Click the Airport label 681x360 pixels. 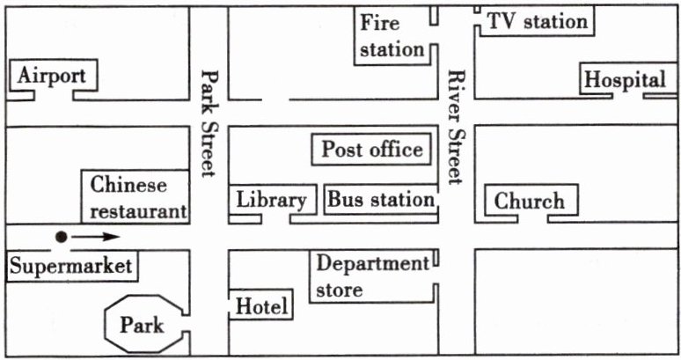tap(51, 76)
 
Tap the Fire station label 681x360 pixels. tap(392, 35)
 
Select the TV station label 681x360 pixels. tap(537, 21)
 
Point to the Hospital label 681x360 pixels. tap(626, 79)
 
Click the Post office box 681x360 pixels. tap(371, 150)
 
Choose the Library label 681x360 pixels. tap(271, 200)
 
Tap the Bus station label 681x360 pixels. tap(381, 200)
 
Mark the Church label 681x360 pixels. tap(529, 201)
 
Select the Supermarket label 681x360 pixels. tap(70, 266)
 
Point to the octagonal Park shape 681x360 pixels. tap(143, 325)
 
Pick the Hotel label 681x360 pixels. tap(262, 307)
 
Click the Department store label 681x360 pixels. tap(370, 276)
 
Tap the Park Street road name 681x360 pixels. tap(209, 123)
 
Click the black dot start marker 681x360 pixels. tap(62, 236)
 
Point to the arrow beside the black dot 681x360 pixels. tap(95, 236)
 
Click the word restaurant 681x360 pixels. tap(139, 211)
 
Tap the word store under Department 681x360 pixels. tap(339, 289)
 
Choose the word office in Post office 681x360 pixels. tap(395, 150)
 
